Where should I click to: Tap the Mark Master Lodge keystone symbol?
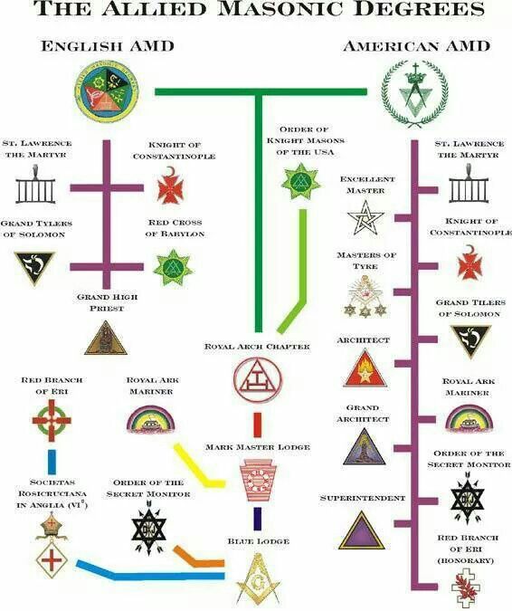258,480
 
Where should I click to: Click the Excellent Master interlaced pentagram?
365,217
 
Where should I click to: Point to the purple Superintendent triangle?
361,530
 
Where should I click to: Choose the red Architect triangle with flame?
365,368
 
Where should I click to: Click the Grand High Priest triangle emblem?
106,338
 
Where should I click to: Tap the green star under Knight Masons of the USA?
300,182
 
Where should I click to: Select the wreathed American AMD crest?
415,94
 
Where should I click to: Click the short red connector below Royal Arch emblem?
258,425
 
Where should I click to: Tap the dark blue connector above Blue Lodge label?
258,519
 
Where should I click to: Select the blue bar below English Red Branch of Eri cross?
52,463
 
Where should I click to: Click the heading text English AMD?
108,46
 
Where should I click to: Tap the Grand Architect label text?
363,414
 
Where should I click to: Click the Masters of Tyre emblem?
365,296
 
